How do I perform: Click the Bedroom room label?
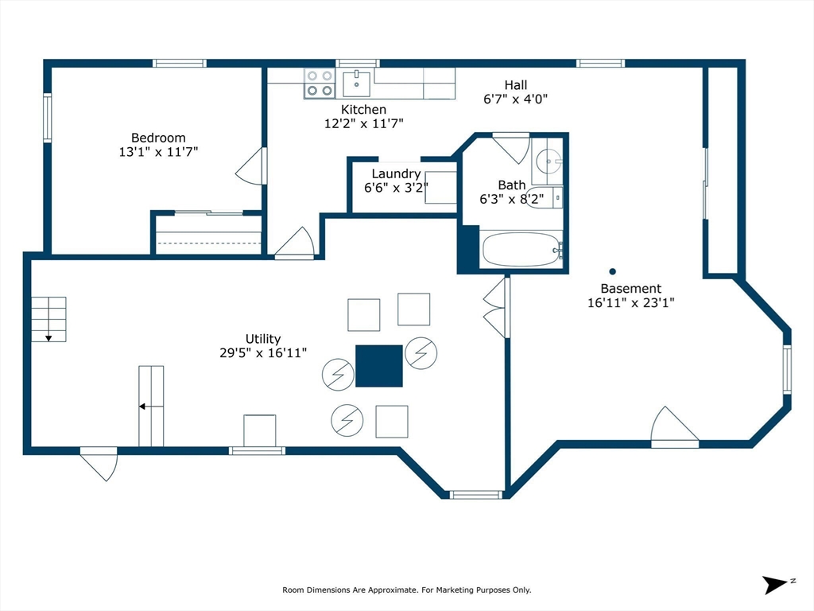pyautogui.click(x=158, y=138)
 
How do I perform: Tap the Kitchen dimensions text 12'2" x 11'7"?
pyautogui.click(x=364, y=123)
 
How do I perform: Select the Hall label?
pyautogui.click(x=515, y=85)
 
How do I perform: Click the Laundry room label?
pyautogui.click(x=396, y=173)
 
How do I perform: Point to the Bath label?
pyautogui.click(x=511, y=185)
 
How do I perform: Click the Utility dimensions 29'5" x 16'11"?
pyautogui.click(x=263, y=352)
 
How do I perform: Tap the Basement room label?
pyautogui.click(x=630, y=289)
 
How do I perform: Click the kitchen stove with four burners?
pyautogui.click(x=320, y=84)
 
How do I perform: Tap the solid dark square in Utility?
pyautogui.click(x=378, y=366)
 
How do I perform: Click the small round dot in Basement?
pyautogui.click(x=612, y=270)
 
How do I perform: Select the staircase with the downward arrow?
pyautogui.click(x=48, y=318)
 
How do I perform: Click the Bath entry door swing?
pyautogui.click(x=511, y=148)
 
